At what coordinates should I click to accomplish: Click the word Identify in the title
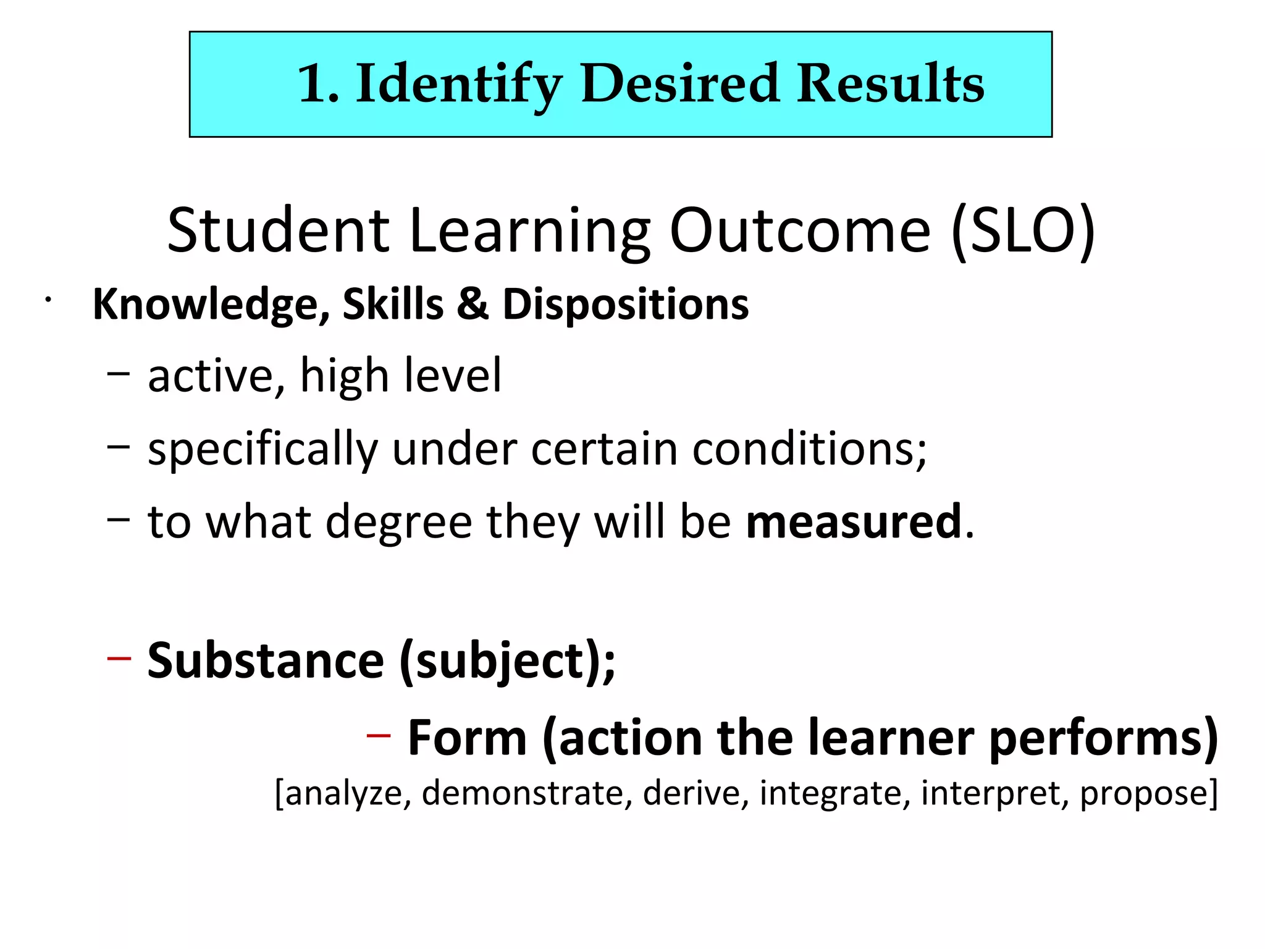point(459,84)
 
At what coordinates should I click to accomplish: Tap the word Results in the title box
point(890,84)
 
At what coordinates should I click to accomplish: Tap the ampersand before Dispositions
point(473,305)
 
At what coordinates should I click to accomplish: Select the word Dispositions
point(625,305)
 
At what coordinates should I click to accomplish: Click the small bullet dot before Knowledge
point(48,301)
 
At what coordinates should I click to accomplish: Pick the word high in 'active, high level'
point(343,376)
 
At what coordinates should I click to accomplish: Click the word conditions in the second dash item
point(807,449)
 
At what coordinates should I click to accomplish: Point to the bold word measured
point(854,522)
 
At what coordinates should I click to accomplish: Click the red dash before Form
point(378,735)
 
